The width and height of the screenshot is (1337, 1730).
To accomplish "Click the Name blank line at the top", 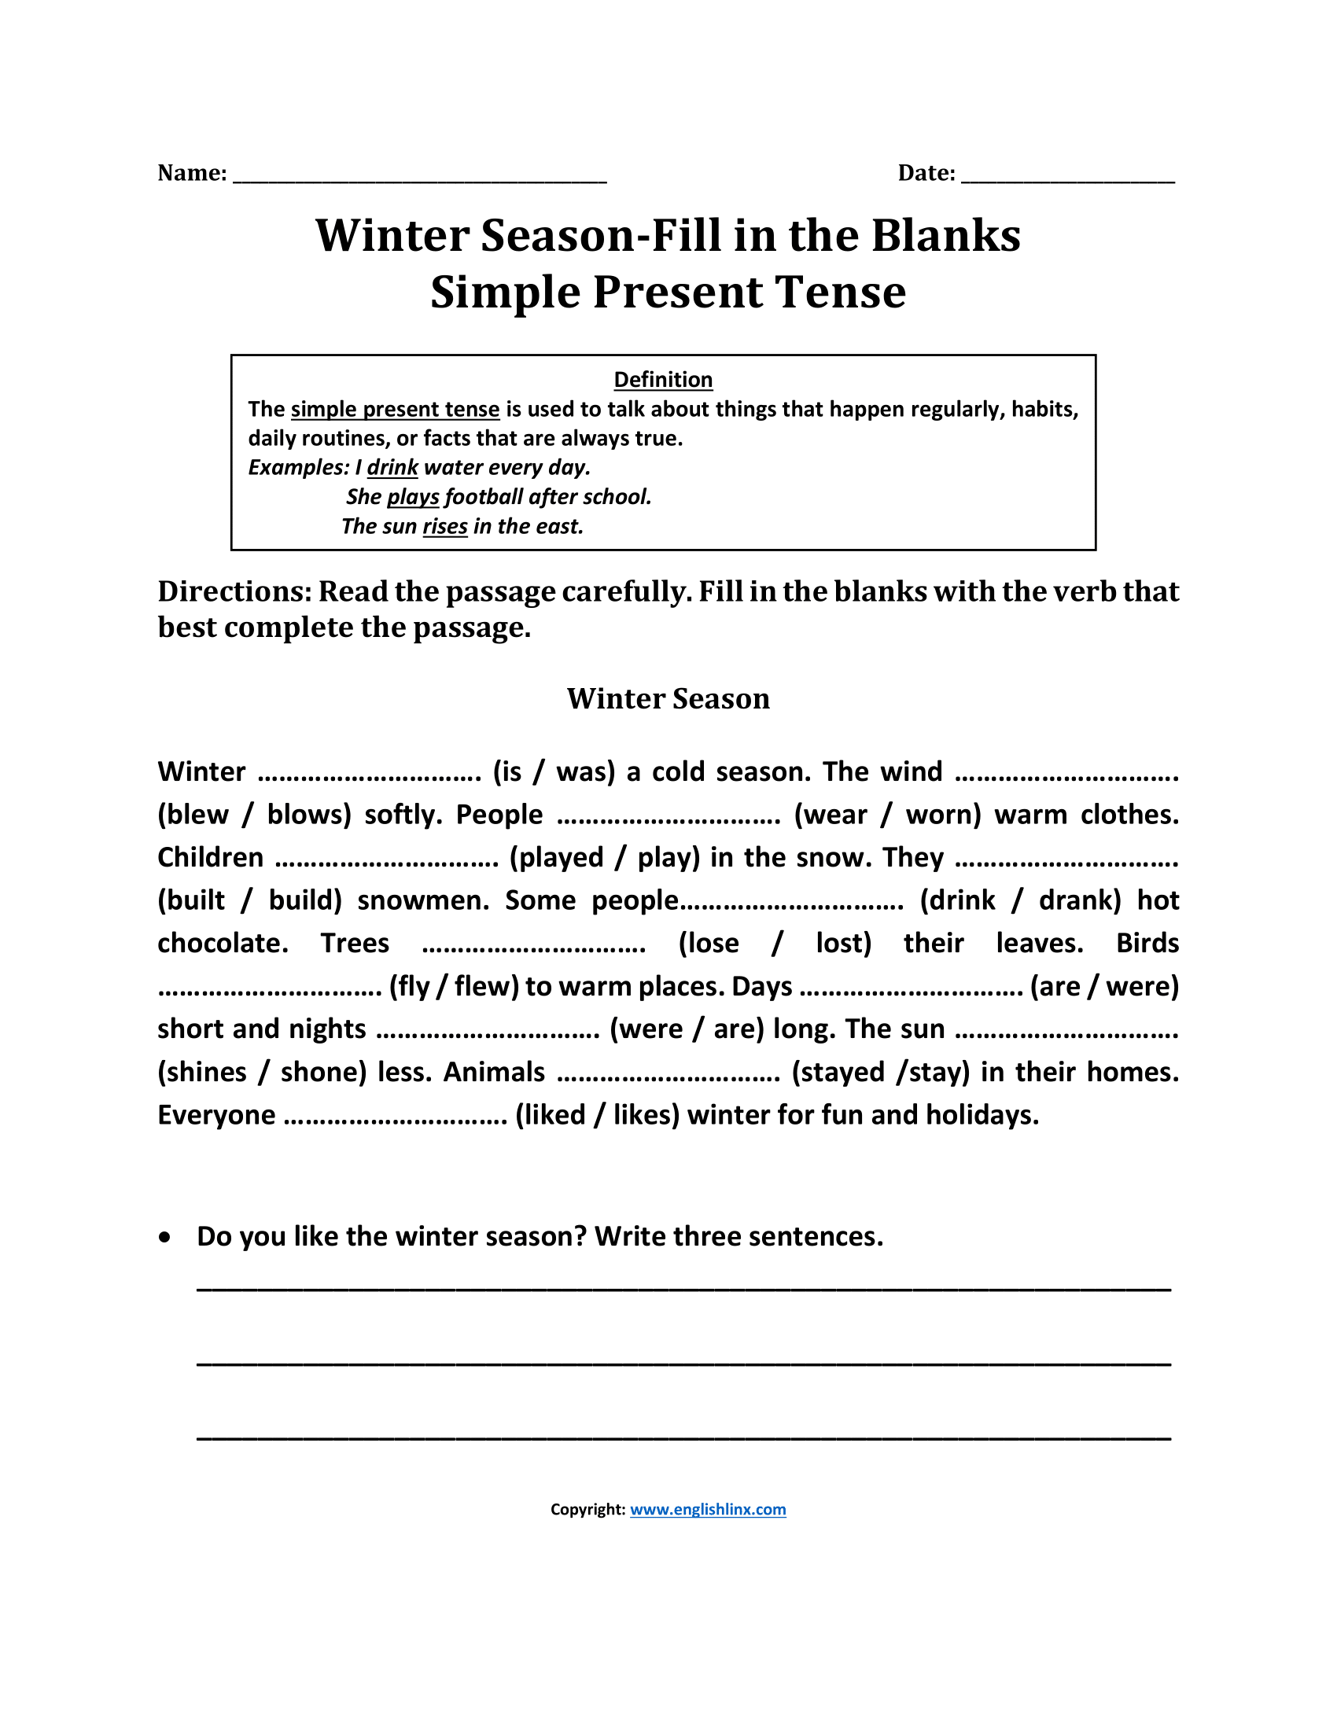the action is (x=420, y=178).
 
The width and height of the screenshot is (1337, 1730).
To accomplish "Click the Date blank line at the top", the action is (x=1068, y=178).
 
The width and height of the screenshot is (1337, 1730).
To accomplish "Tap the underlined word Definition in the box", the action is (x=663, y=380).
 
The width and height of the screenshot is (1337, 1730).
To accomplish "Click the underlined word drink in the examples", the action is (x=392, y=467).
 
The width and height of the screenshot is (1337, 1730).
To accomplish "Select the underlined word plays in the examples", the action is (x=413, y=497).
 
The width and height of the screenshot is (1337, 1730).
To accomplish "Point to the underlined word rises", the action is (x=445, y=526).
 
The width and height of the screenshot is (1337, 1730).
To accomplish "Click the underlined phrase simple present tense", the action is (x=396, y=409).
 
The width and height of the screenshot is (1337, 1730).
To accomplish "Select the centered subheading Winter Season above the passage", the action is (x=668, y=698).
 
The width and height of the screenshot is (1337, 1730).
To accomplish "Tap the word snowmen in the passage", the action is (x=422, y=900).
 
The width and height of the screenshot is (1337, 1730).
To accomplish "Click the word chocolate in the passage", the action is (x=222, y=943).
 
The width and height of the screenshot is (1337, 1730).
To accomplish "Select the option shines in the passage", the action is (x=205, y=1072).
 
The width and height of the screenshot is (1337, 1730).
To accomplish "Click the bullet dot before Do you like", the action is (x=164, y=1237).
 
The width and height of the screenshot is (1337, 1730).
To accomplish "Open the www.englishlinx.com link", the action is (x=707, y=1509).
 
